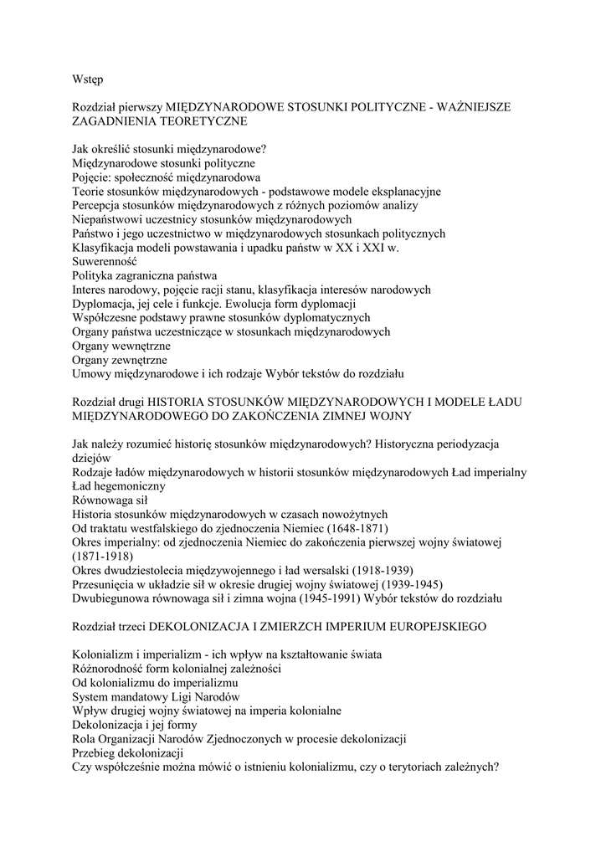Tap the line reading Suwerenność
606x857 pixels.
(104, 261)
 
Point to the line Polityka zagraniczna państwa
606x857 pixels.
(145, 275)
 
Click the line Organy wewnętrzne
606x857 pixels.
(121, 346)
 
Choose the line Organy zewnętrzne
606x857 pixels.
(120, 360)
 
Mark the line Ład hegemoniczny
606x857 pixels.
(118, 486)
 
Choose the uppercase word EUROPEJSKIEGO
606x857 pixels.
(429, 627)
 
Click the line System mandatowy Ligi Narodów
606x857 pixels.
(156, 697)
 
